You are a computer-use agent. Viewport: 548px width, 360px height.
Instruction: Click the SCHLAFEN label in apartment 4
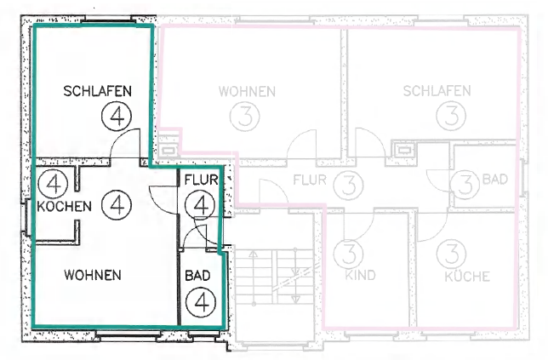[x=98, y=91]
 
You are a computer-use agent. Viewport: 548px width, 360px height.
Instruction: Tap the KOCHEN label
[x=65, y=206]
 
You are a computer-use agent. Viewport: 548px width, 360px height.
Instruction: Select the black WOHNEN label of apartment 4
[x=93, y=275]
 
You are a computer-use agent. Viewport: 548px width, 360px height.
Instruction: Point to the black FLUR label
[x=201, y=180]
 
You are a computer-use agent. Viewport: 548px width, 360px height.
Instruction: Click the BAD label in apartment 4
[x=197, y=276]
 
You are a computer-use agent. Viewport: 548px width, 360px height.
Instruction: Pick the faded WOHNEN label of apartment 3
[x=247, y=92]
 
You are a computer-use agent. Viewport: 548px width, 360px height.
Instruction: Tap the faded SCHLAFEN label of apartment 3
[x=437, y=91]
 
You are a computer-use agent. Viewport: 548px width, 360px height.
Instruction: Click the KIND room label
[x=360, y=275]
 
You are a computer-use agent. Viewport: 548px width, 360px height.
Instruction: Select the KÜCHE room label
[x=467, y=276]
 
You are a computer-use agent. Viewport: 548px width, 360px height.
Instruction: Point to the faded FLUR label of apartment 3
[x=310, y=180]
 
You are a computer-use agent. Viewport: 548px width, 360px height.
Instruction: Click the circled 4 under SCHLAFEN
[x=117, y=117]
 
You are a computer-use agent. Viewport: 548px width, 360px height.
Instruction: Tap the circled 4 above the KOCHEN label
[x=53, y=184]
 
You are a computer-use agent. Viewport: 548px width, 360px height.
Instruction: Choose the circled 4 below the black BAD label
[x=201, y=302]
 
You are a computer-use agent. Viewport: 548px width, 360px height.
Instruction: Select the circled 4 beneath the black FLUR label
[x=199, y=205]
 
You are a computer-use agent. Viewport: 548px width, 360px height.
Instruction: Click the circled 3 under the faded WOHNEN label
[x=245, y=117]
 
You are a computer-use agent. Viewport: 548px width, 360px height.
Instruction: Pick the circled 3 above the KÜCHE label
[x=451, y=254]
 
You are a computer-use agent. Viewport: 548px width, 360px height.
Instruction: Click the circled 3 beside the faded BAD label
[x=465, y=186]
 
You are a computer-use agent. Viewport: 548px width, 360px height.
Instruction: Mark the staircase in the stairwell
[x=274, y=277]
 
